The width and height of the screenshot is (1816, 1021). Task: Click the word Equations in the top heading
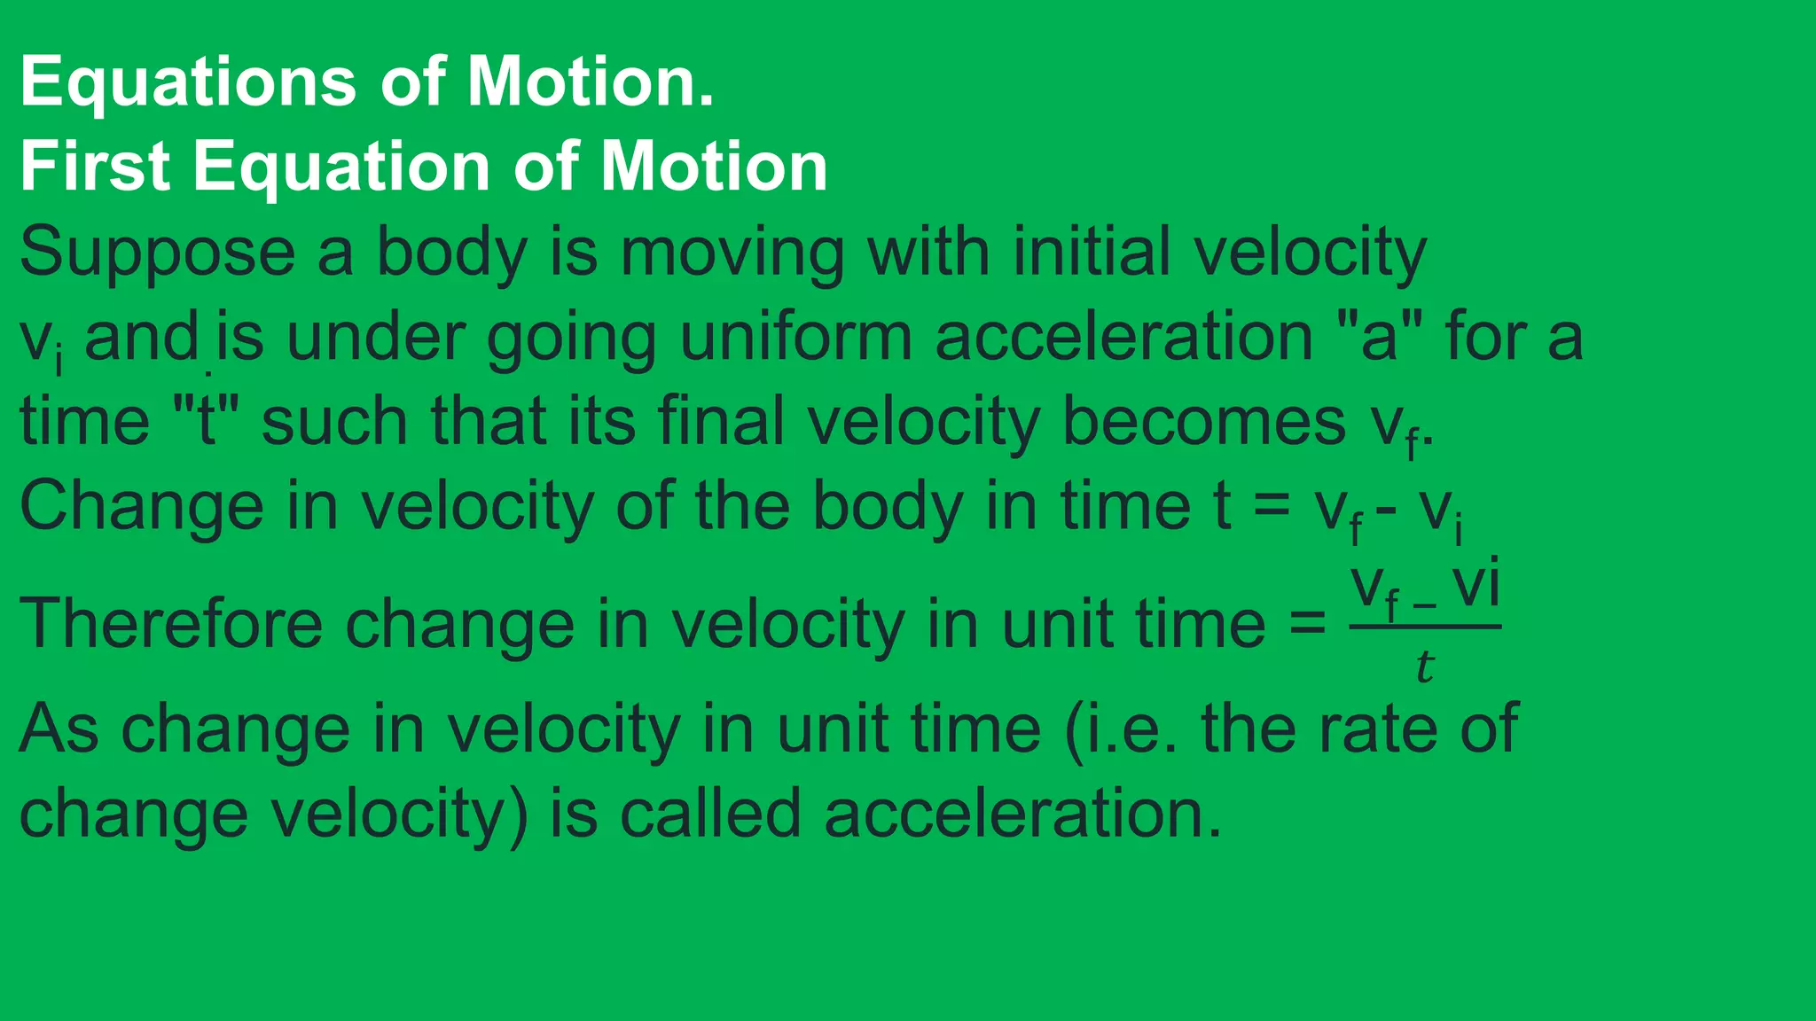[188, 82]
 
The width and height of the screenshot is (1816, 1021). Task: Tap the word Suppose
[157, 253]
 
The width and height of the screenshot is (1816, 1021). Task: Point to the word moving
[732, 253]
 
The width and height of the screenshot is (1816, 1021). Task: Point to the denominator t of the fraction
[1424, 666]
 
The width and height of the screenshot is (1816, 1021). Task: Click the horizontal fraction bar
[1425, 627]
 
